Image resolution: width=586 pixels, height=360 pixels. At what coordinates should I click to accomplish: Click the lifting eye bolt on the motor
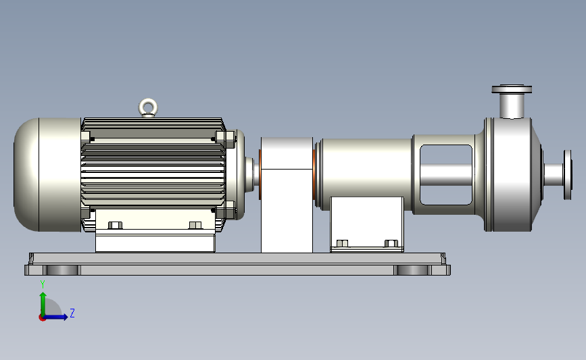[148, 107]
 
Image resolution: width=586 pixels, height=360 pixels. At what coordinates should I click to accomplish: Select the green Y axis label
[43, 284]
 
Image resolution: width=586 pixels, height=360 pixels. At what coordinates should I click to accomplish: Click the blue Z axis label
[72, 313]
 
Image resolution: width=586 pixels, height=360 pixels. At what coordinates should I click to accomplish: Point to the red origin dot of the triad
[42, 318]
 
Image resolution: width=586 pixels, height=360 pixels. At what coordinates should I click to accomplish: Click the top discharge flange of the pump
[512, 89]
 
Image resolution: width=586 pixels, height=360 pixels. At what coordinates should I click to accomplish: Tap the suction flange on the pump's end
[567, 175]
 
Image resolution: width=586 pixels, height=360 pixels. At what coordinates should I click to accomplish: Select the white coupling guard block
[287, 195]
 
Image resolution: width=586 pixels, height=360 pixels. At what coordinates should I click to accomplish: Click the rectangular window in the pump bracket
[446, 175]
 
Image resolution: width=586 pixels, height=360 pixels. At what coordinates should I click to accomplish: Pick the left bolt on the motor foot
[115, 225]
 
